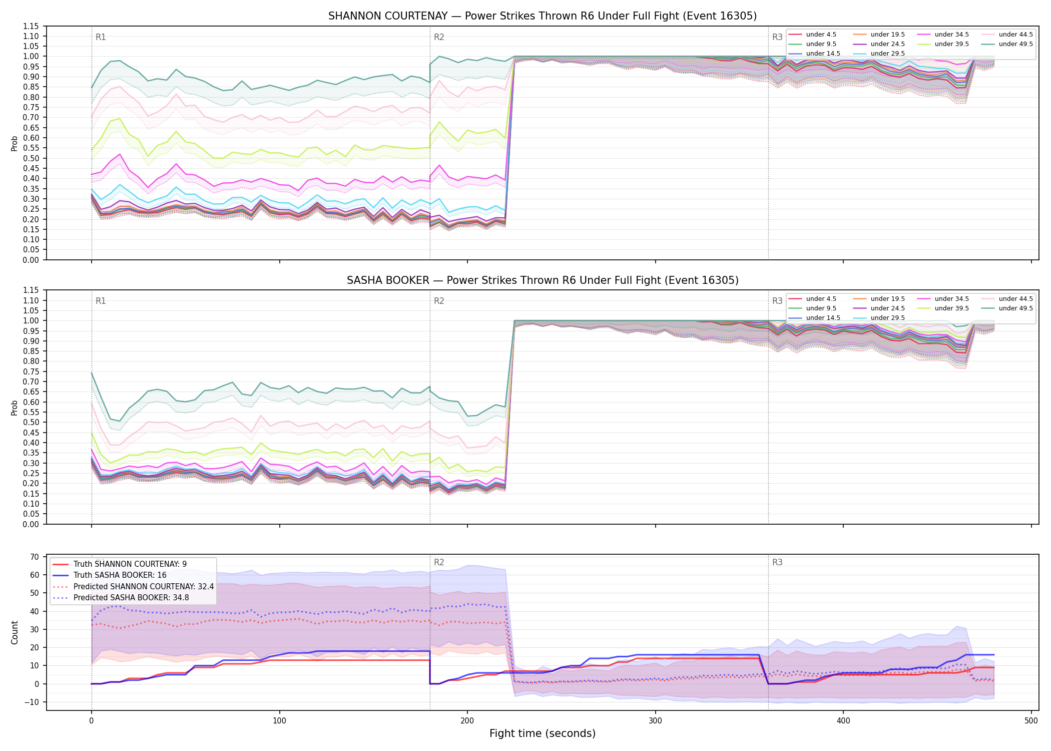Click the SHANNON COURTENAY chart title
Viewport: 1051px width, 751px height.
tap(543, 16)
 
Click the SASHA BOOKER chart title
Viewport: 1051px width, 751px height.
tap(543, 280)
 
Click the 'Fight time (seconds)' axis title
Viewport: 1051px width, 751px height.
tap(543, 733)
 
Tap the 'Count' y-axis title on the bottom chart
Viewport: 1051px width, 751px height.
tap(15, 633)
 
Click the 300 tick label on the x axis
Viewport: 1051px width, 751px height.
tap(655, 721)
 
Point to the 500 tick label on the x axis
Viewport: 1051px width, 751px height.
tap(1031, 721)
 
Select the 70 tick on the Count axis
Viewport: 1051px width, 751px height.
tap(35, 557)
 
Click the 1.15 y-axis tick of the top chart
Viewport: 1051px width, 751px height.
tap(31, 26)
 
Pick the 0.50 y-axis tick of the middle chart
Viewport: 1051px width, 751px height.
tap(31, 423)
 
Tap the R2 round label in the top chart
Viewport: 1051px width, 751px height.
tap(439, 37)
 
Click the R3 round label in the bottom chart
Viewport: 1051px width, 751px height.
tap(777, 562)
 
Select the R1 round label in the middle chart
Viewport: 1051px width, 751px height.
tap(101, 301)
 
